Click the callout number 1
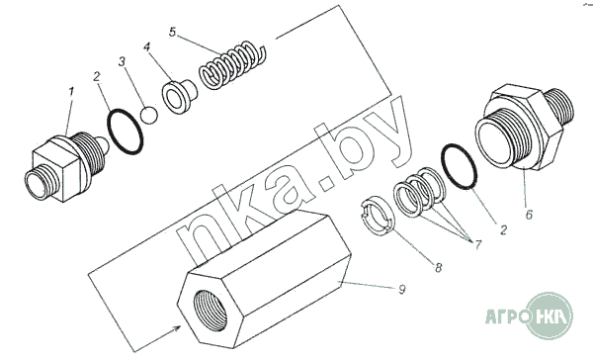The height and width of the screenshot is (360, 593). click(71, 92)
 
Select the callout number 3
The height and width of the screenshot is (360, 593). click(122, 61)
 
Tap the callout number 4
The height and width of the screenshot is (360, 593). click(147, 46)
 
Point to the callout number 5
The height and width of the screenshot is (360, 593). click(172, 33)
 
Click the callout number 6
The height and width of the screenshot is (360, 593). click(529, 215)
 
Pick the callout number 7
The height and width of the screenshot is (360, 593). click(478, 244)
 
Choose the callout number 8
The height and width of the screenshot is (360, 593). click(438, 268)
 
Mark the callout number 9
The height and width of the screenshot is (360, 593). click(402, 290)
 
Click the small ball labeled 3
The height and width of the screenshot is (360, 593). click(149, 115)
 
